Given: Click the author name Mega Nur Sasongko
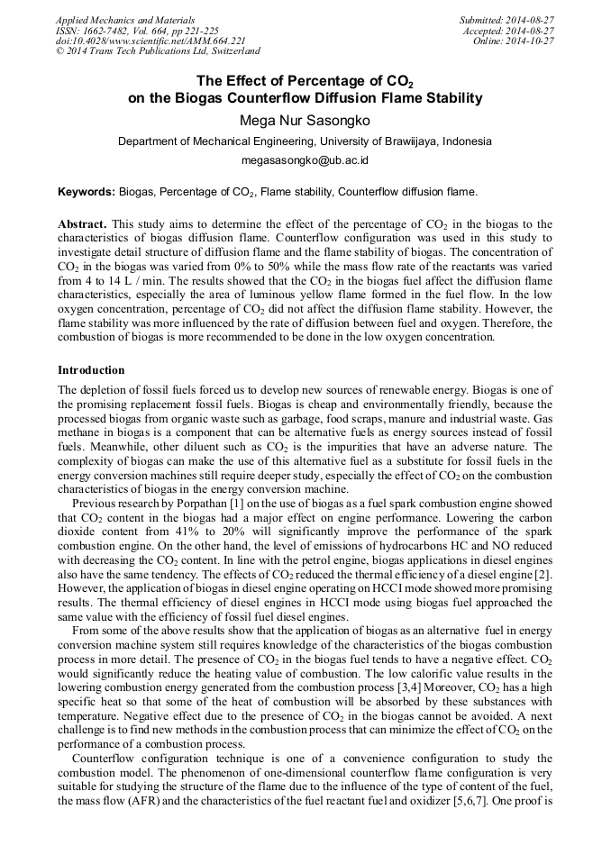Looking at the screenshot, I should click(305, 120).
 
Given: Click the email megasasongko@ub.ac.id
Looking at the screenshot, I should click(305, 160).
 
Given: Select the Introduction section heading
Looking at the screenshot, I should click(91, 370).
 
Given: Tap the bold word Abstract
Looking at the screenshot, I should click(82, 223).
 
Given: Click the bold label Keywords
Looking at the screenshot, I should click(87, 192).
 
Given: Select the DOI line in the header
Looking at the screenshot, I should click(150, 41).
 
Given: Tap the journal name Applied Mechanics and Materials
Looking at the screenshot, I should click(125, 20).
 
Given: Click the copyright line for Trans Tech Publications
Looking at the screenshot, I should click(158, 52).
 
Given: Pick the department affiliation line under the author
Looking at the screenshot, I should click(305, 141).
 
